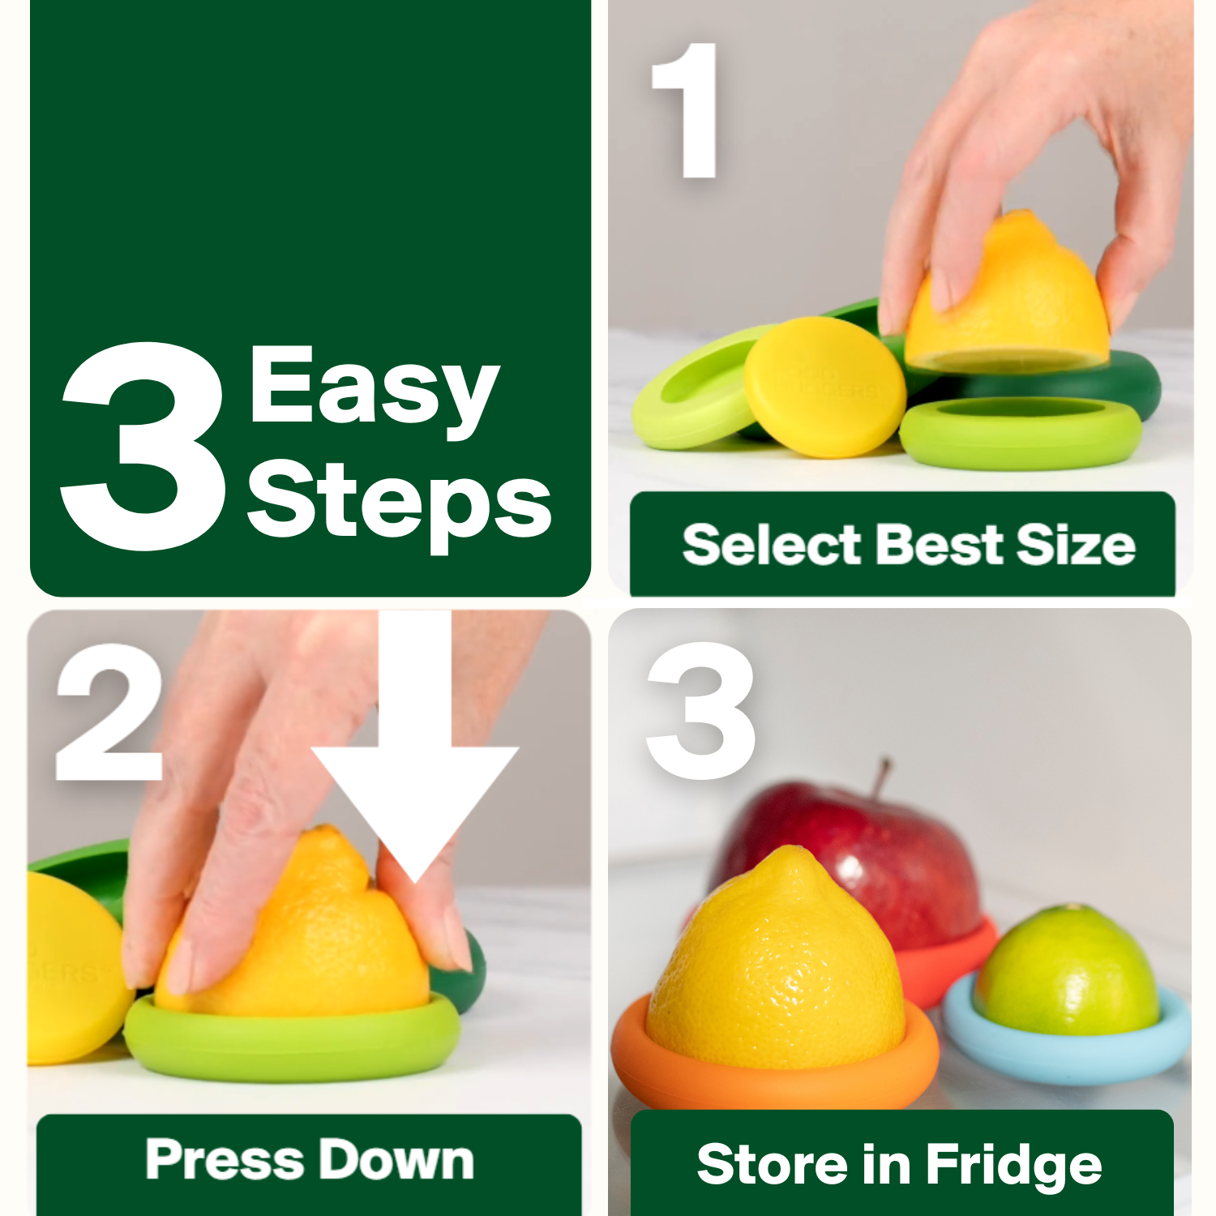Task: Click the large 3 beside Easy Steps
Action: point(144,446)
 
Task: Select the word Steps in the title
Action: point(399,500)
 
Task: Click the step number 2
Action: point(109,712)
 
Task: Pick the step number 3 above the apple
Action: point(700,710)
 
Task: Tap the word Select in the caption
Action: point(771,544)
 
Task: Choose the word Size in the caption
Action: point(1075,544)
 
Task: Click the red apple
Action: point(900,851)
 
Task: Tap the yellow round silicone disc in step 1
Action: point(824,387)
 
